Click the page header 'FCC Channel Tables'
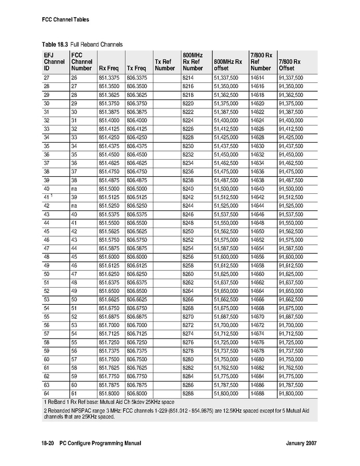click(x=65, y=20)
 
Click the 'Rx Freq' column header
click(x=109, y=68)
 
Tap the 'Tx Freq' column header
click(x=137, y=68)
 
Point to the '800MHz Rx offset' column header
click(x=228, y=65)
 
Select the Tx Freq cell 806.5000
click(x=137, y=188)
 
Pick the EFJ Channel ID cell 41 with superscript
click(x=48, y=197)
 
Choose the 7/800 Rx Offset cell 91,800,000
click(x=291, y=393)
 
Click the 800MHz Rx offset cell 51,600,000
click(x=226, y=256)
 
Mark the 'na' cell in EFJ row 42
click(x=74, y=205)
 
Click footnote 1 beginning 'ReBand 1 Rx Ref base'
click(x=109, y=402)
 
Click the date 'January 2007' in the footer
click(x=300, y=443)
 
